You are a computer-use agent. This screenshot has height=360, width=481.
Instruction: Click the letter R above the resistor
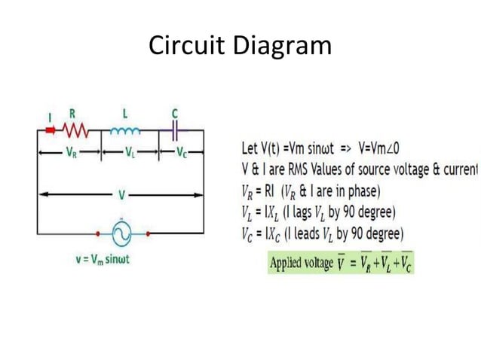point(72,114)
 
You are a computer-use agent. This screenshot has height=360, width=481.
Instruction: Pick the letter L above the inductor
point(124,113)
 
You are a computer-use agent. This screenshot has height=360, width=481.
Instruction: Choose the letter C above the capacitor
point(175,113)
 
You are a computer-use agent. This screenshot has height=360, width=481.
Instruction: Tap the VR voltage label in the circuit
point(70,152)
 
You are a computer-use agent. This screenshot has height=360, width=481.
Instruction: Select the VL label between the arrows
point(132,152)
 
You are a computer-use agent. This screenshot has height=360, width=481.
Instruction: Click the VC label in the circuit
point(182,152)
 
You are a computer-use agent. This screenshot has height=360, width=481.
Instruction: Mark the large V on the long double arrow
point(121,195)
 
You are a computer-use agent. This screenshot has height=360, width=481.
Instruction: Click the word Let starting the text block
point(251,145)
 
